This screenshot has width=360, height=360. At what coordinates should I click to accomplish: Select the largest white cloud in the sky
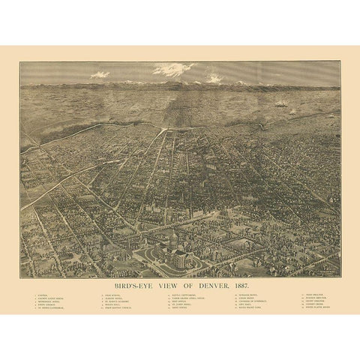tap(173, 70)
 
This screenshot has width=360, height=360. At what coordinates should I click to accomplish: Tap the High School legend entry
tap(113, 295)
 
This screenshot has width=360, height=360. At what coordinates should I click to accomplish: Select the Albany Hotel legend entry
tap(114, 298)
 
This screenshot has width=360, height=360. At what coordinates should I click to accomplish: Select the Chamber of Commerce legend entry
tap(252, 301)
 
